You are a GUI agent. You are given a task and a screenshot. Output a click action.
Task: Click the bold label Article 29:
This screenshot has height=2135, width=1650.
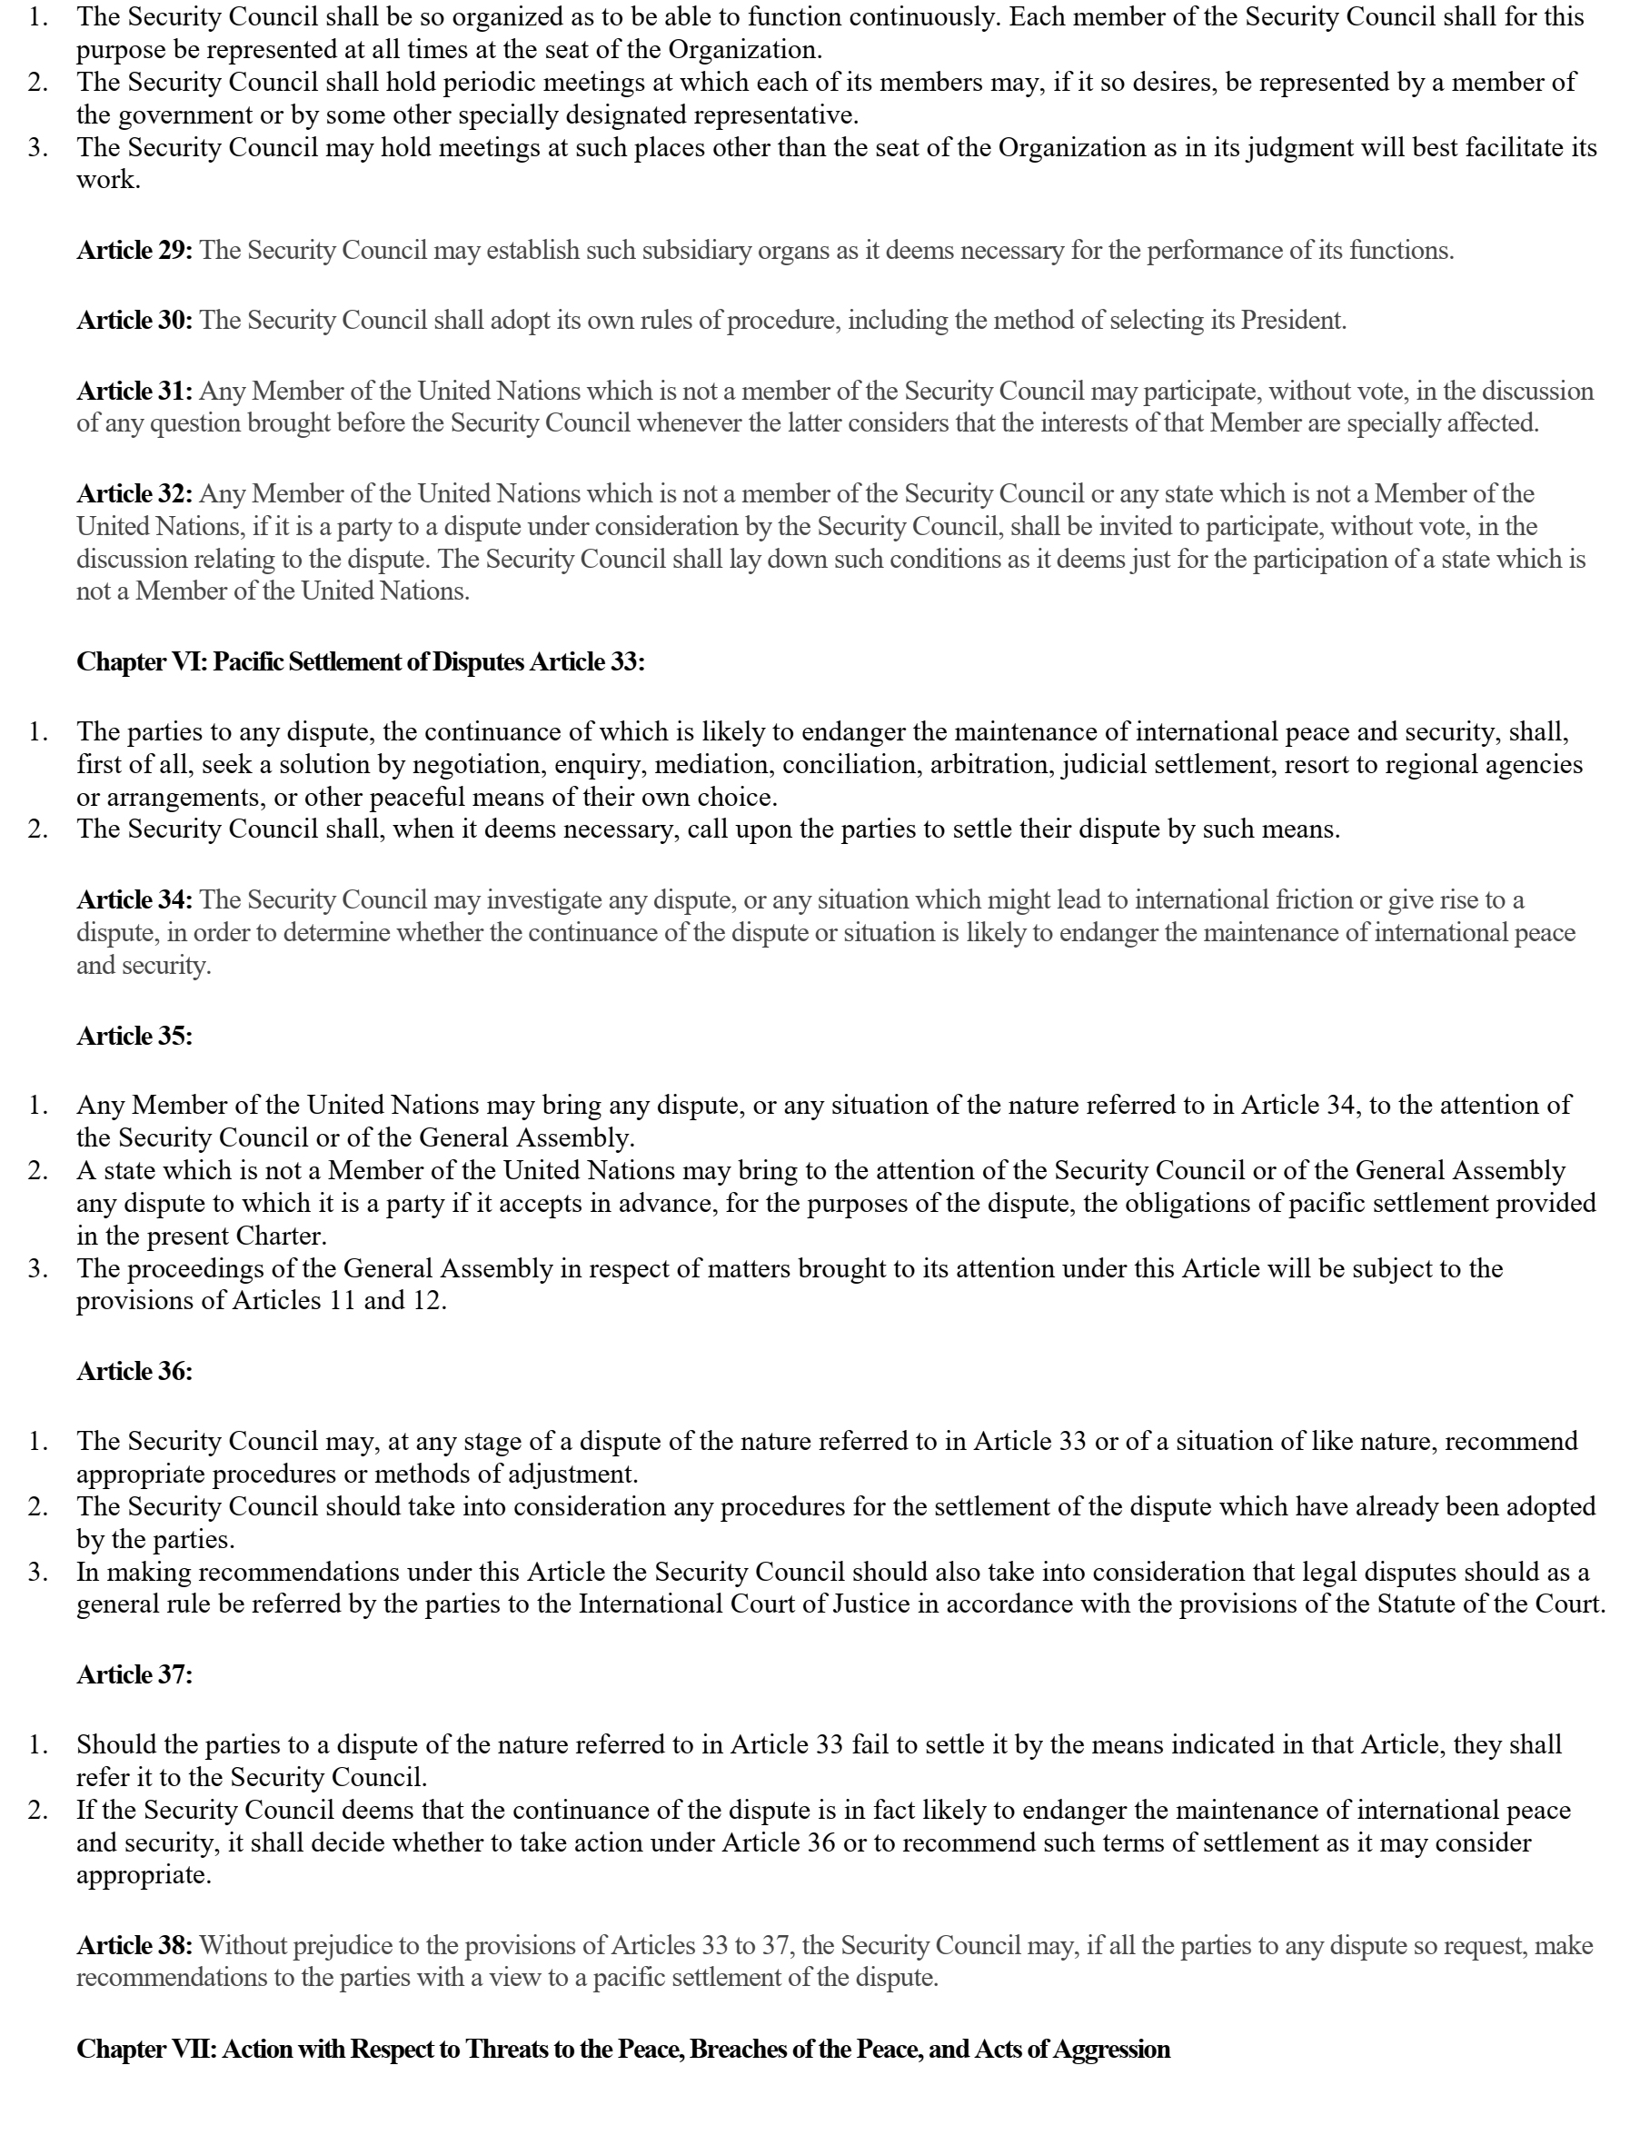pos(134,250)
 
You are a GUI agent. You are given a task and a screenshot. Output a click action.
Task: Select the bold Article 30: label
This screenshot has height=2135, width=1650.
pos(134,321)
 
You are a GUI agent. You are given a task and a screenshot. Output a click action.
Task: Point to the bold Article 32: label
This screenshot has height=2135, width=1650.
pos(134,493)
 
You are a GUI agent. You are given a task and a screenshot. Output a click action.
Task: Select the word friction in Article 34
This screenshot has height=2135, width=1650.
pos(1317,899)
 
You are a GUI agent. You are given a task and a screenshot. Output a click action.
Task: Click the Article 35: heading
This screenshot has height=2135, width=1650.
pos(134,1037)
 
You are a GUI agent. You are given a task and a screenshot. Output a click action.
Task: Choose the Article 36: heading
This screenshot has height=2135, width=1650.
pos(134,1372)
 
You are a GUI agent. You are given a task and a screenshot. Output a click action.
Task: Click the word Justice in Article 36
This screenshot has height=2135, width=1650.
pos(872,1604)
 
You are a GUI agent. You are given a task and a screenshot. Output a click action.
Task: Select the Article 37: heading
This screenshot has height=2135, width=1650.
pos(134,1674)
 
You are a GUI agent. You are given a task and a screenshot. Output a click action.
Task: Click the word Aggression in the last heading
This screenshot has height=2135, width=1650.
pos(1111,2049)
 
